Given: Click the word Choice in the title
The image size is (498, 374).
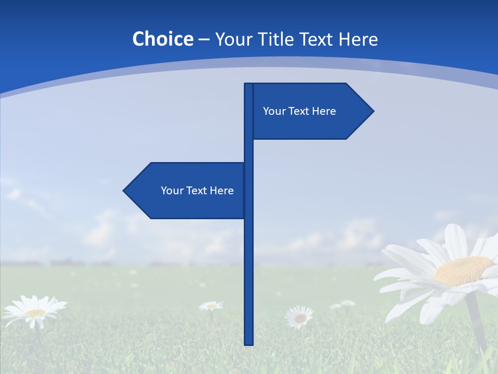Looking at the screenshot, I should coord(162,39).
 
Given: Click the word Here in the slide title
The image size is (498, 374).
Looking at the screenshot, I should coord(358,39).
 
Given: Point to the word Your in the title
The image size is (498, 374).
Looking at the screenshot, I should coord(233,39).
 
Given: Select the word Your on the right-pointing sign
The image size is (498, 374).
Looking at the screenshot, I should coord(274,111).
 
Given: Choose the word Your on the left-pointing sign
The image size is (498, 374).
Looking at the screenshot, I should coord(172,191).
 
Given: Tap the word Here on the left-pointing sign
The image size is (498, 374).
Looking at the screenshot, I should coord(222,191).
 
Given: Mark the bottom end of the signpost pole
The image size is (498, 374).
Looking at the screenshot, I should coord(248,343).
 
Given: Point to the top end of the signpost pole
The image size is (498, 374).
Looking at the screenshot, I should coord(248,85).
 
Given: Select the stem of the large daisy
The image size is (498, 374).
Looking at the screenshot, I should coord(477,322).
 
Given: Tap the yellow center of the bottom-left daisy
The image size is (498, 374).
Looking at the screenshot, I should coord(35,313).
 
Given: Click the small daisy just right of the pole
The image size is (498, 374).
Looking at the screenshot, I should coord(300,317).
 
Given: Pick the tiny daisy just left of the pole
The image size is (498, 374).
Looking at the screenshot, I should coord(211,306).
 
